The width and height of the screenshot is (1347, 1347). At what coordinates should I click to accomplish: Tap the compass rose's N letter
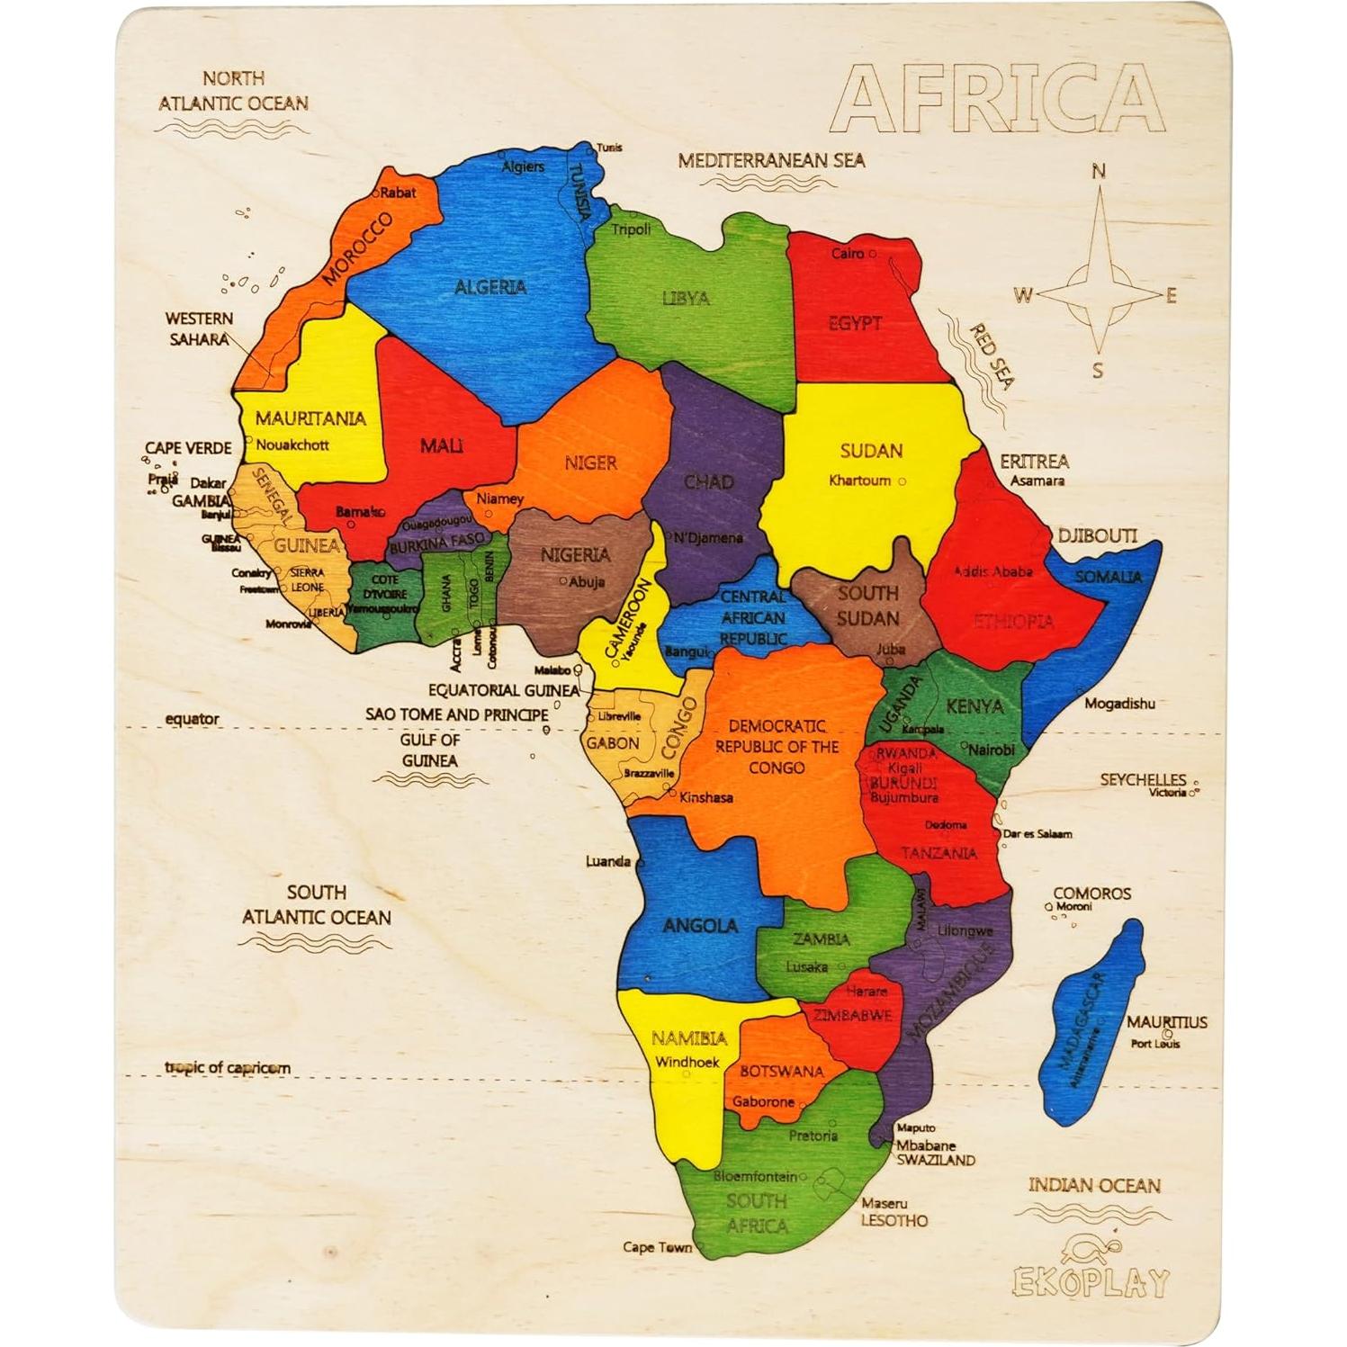[1098, 171]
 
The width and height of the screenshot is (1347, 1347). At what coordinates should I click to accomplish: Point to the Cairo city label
[847, 254]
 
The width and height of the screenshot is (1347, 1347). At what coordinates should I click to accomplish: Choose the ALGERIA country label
[489, 287]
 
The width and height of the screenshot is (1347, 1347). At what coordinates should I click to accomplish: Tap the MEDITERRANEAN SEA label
[771, 161]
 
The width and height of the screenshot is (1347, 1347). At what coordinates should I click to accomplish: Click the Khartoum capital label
[859, 480]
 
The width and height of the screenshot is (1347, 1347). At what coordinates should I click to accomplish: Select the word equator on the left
[192, 719]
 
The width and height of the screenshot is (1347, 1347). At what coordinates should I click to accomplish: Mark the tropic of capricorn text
[228, 1068]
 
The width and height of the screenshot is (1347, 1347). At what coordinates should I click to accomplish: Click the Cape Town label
[657, 1247]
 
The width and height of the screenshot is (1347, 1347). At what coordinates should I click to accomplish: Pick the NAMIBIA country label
[689, 1038]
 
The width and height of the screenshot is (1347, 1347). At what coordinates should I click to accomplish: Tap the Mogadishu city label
[1118, 704]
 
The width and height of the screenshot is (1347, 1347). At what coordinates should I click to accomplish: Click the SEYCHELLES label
[1143, 779]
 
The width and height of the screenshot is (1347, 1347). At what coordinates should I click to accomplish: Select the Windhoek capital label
[687, 1062]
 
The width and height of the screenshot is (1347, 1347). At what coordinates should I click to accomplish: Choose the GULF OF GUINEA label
[430, 750]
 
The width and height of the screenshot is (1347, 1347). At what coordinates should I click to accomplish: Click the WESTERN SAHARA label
[199, 329]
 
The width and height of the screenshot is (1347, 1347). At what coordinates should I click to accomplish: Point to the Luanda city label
[608, 861]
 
